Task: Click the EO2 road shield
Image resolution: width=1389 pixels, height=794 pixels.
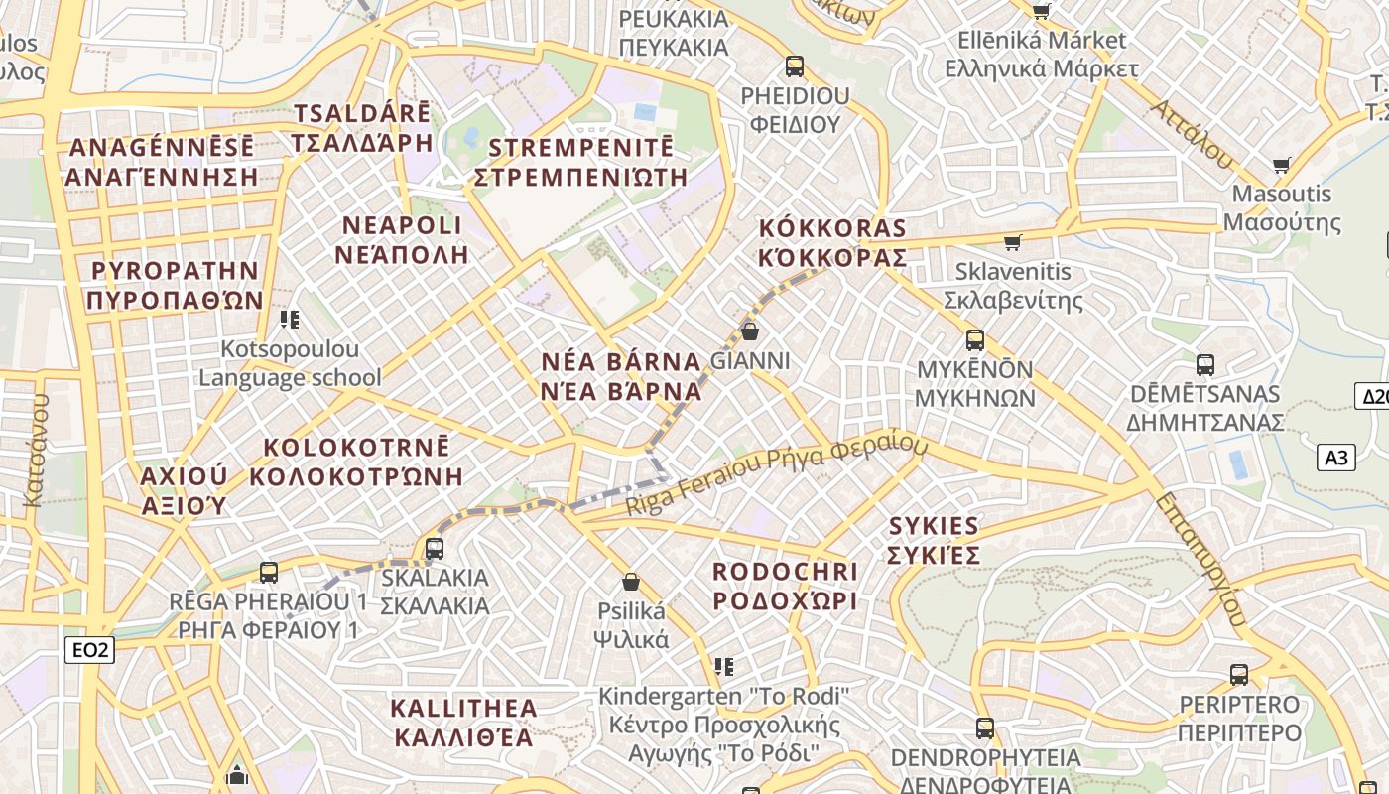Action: pyautogui.click(x=89, y=650)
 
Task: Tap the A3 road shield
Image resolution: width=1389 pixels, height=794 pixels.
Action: pyautogui.click(x=1336, y=458)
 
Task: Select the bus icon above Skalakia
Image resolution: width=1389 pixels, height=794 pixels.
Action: pyautogui.click(x=434, y=548)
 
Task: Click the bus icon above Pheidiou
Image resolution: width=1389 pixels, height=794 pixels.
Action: pyautogui.click(x=794, y=66)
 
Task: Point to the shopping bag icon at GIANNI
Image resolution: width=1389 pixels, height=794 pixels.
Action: pyautogui.click(x=750, y=331)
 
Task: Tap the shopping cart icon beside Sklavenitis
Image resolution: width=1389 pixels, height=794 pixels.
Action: pyautogui.click(x=1012, y=242)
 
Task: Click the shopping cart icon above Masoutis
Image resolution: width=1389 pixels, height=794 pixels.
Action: pyautogui.click(x=1281, y=165)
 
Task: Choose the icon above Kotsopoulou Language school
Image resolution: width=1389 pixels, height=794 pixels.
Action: pyautogui.click(x=290, y=320)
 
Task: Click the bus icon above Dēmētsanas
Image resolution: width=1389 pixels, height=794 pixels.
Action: pyautogui.click(x=1204, y=365)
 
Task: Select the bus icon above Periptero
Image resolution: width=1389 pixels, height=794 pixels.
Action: pyautogui.click(x=1239, y=675)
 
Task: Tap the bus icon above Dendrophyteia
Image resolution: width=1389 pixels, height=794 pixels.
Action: pyautogui.click(x=984, y=728)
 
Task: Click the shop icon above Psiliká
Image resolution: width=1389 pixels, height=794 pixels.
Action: pyautogui.click(x=630, y=582)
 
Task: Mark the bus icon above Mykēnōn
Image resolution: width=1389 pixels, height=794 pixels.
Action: pyautogui.click(x=974, y=340)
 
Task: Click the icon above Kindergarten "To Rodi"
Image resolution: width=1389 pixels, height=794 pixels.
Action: pyautogui.click(x=724, y=666)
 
